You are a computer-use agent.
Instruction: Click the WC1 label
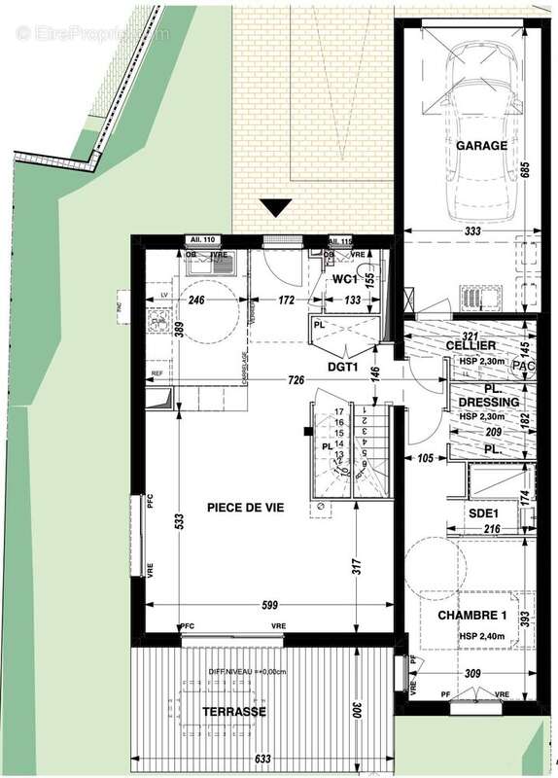tap(346, 279)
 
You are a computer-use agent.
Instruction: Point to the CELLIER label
tap(471, 346)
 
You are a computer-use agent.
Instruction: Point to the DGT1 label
tap(343, 367)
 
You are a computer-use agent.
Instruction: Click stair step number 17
tap(340, 412)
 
